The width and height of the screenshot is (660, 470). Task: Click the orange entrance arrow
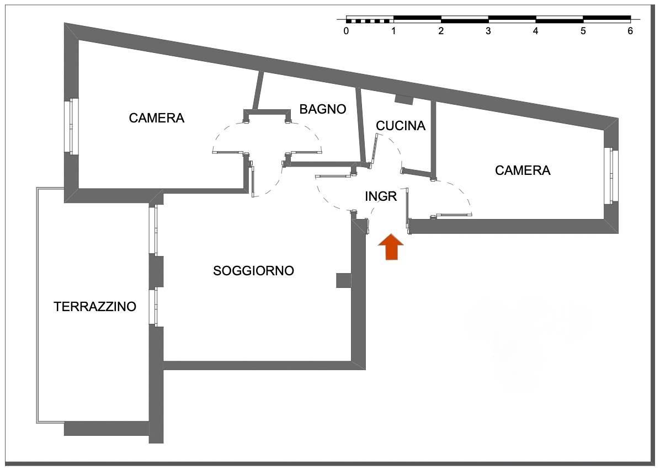pyautogui.click(x=391, y=247)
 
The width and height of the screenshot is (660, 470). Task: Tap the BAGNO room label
pyautogui.click(x=323, y=109)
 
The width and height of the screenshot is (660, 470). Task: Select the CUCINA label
pyautogui.click(x=401, y=126)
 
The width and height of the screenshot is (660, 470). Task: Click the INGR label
pyautogui.click(x=381, y=196)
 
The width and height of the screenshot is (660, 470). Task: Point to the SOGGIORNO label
pyautogui.click(x=253, y=271)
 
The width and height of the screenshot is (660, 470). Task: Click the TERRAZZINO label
pyautogui.click(x=95, y=307)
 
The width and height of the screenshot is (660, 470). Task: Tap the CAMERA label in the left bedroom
pyautogui.click(x=156, y=117)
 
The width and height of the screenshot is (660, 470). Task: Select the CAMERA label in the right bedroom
pyautogui.click(x=523, y=170)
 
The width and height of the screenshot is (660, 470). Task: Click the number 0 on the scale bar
pyautogui.click(x=346, y=31)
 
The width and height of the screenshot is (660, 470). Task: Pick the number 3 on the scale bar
pyautogui.click(x=488, y=31)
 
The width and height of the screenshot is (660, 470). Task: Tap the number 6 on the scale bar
pyautogui.click(x=630, y=31)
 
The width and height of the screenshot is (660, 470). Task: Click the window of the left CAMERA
pyautogui.click(x=71, y=126)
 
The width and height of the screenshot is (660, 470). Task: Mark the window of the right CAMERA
pyautogui.click(x=611, y=175)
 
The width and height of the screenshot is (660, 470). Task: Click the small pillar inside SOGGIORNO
pyautogui.click(x=343, y=280)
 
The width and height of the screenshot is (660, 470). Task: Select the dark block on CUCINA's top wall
pyautogui.click(x=404, y=99)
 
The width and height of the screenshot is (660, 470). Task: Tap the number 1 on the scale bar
pyautogui.click(x=393, y=31)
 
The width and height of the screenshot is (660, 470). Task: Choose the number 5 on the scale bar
pyautogui.click(x=583, y=31)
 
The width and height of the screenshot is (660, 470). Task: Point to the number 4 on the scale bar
pyautogui.click(x=536, y=31)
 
